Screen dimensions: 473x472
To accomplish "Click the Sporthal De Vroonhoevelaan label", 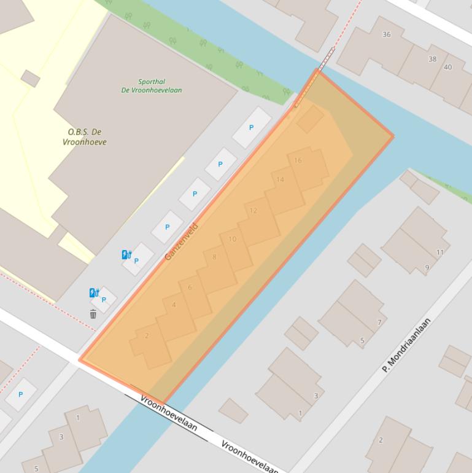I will point(151,85).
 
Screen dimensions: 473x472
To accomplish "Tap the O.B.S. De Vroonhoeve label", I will point(85,137).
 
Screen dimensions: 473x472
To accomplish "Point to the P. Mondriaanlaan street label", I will point(406,345).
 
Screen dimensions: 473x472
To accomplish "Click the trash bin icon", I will point(93,315).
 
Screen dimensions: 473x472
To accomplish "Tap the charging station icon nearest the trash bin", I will point(94,293).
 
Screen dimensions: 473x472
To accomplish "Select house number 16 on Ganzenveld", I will point(298,160).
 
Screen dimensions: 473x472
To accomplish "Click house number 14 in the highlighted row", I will point(280,179).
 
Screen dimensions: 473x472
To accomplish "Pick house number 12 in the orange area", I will point(253,211).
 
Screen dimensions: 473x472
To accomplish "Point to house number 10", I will point(232,239).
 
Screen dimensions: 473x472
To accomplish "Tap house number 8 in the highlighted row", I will point(214,257).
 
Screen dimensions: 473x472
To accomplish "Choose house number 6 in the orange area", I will point(190,287).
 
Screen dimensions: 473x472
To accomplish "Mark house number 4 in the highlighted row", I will point(174,305).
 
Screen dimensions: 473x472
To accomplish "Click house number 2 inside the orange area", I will point(147,335).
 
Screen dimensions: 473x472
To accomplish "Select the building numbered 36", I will point(386,34).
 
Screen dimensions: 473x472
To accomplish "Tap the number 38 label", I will point(432,59).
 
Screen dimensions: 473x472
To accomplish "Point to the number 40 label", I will point(447,67).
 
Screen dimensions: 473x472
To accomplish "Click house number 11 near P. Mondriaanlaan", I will point(439,252).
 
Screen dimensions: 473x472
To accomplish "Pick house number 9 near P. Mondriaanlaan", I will point(427,267).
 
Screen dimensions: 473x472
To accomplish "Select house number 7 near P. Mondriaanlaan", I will point(379,322).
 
